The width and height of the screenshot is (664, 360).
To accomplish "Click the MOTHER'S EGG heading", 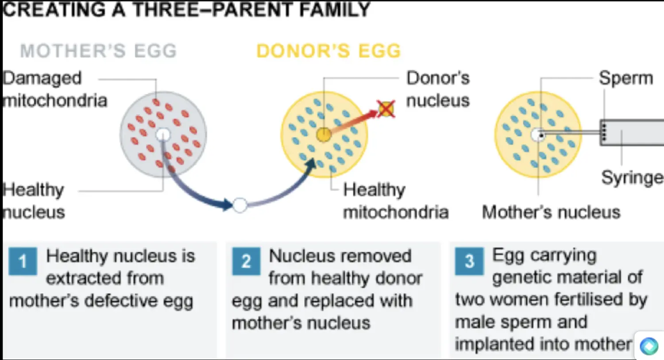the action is [x=98, y=51].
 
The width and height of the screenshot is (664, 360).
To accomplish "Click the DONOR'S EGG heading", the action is [x=328, y=51].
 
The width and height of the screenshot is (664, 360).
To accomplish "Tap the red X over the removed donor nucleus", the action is [x=386, y=109].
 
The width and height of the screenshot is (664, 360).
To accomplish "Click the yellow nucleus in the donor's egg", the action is [x=324, y=135].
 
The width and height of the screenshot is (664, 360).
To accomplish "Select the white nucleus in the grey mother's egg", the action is [x=163, y=135].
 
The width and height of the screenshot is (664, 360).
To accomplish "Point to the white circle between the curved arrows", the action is [x=240, y=205].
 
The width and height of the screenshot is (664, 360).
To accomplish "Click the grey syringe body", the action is [x=632, y=132].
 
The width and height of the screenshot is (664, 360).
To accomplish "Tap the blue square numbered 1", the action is [x=23, y=261].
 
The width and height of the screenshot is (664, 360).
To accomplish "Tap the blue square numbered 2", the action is [x=246, y=261].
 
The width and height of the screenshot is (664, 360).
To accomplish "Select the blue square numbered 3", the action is [x=469, y=261].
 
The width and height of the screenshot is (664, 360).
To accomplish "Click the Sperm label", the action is [x=626, y=78].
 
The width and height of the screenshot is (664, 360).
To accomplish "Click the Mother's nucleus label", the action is [x=551, y=212].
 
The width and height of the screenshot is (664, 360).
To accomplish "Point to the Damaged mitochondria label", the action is [x=55, y=89].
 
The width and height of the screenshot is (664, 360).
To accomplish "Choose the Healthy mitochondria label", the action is [x=396, y=201].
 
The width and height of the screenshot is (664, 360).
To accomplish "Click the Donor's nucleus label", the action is [x=438, y=89].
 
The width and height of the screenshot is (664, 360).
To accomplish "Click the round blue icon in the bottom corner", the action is [x=649, y=346].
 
